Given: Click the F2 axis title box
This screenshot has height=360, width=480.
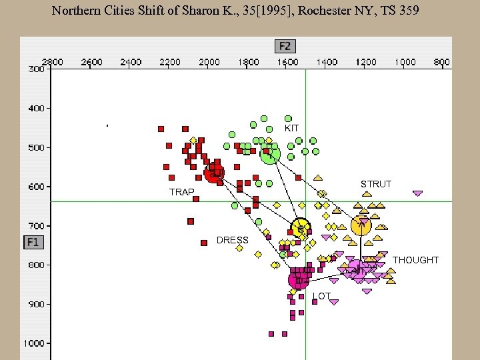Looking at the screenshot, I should pos(285,46).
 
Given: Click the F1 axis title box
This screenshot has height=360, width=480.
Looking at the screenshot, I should pos(33,242).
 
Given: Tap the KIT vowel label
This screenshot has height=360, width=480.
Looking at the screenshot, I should pos(291,128).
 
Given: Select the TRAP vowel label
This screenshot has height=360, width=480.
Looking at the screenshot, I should pos(181,192).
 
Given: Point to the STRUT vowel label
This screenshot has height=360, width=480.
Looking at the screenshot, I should pos(376,184).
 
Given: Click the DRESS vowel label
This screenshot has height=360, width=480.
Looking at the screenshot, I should pos(232,240).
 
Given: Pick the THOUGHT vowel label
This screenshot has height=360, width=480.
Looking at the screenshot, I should pos(415,260).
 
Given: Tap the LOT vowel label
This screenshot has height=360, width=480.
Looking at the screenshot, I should pos(321,295).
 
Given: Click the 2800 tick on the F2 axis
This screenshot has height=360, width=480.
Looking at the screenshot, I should pos(53,62).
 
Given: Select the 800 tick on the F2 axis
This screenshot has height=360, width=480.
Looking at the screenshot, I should pos(441,62).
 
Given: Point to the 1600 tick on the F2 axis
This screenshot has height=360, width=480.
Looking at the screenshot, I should pos(288,62).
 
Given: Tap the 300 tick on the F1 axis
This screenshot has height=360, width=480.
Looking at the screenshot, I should pos(36,69).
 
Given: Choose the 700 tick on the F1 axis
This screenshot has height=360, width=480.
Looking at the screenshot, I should pos(36,226).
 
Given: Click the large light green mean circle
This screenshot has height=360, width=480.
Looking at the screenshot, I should pos(269,155).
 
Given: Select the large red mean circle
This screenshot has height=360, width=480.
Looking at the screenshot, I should pos(214,174).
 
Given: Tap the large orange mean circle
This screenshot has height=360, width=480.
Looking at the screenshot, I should pos(361,226).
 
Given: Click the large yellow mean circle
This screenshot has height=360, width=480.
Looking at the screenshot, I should pos(301,229).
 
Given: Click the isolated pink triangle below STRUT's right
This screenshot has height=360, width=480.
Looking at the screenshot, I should pos(417,194).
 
